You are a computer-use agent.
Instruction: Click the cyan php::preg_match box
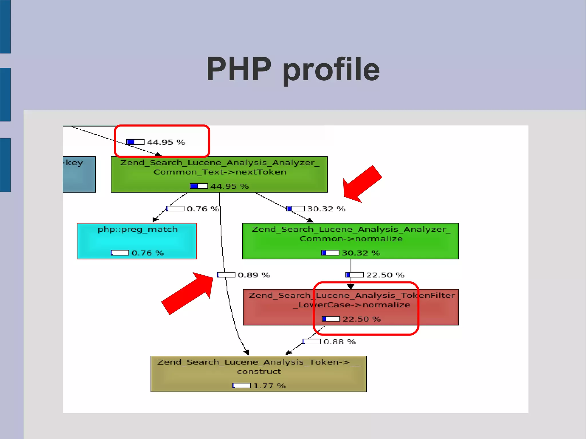(137, 241)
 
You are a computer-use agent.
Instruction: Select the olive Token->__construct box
(258, 374)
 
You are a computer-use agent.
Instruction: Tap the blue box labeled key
(79, 174)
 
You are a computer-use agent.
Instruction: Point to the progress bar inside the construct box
(241, 386)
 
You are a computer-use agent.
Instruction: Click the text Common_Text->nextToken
(220, 172)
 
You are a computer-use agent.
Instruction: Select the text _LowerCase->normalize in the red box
(352, 305)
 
